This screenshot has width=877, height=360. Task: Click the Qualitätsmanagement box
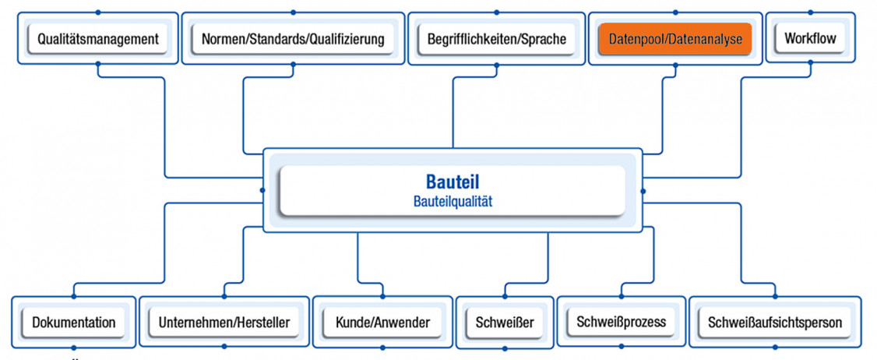(97, 38)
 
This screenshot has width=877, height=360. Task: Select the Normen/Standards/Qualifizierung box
(292, 38)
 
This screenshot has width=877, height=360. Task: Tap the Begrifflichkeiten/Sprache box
(496, 38)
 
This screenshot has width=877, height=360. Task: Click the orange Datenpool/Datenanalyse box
(674, 38)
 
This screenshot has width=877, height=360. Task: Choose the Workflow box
(810, 37)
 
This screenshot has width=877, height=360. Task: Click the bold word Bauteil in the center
(452, 182)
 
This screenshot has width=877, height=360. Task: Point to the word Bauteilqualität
(452, 201)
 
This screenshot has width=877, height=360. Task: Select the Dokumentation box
(74, 322)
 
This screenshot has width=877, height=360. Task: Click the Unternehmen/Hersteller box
(224, 322)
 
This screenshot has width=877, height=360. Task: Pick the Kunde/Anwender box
(382, 322)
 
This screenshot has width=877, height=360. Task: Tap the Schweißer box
(505, 322)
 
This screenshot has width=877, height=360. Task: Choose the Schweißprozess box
(621, 321)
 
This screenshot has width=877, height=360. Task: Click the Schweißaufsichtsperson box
(774, 322)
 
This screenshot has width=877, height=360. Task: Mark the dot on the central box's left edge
(262, 190)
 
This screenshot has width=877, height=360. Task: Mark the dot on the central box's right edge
(643, 190)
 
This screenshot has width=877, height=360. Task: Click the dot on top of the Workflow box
(810, 12)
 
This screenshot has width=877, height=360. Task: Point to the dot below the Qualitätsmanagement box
(97, 64)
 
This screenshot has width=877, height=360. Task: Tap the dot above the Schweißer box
(505, 296)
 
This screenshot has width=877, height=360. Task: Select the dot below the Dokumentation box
(74, 348)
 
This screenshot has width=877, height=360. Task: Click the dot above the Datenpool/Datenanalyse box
(674, 12)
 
